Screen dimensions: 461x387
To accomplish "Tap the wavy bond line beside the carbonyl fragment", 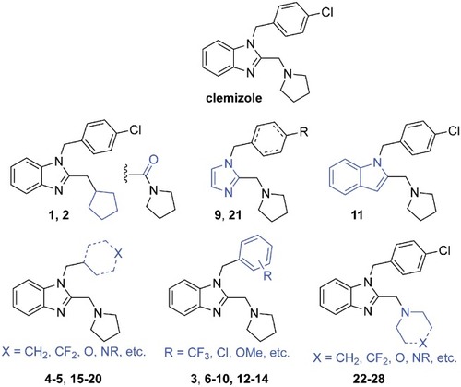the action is point(124,175).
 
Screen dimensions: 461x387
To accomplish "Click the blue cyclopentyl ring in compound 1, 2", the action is point(104,204).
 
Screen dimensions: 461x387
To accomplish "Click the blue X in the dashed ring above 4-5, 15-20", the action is point(119,253).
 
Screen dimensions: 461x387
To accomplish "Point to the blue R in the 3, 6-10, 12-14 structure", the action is point(267,276).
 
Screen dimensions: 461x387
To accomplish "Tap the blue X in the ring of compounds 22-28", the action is point(423,342).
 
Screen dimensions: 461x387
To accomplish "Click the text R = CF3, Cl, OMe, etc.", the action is point(227,352).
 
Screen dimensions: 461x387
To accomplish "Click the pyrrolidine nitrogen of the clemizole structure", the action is point(288,74).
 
